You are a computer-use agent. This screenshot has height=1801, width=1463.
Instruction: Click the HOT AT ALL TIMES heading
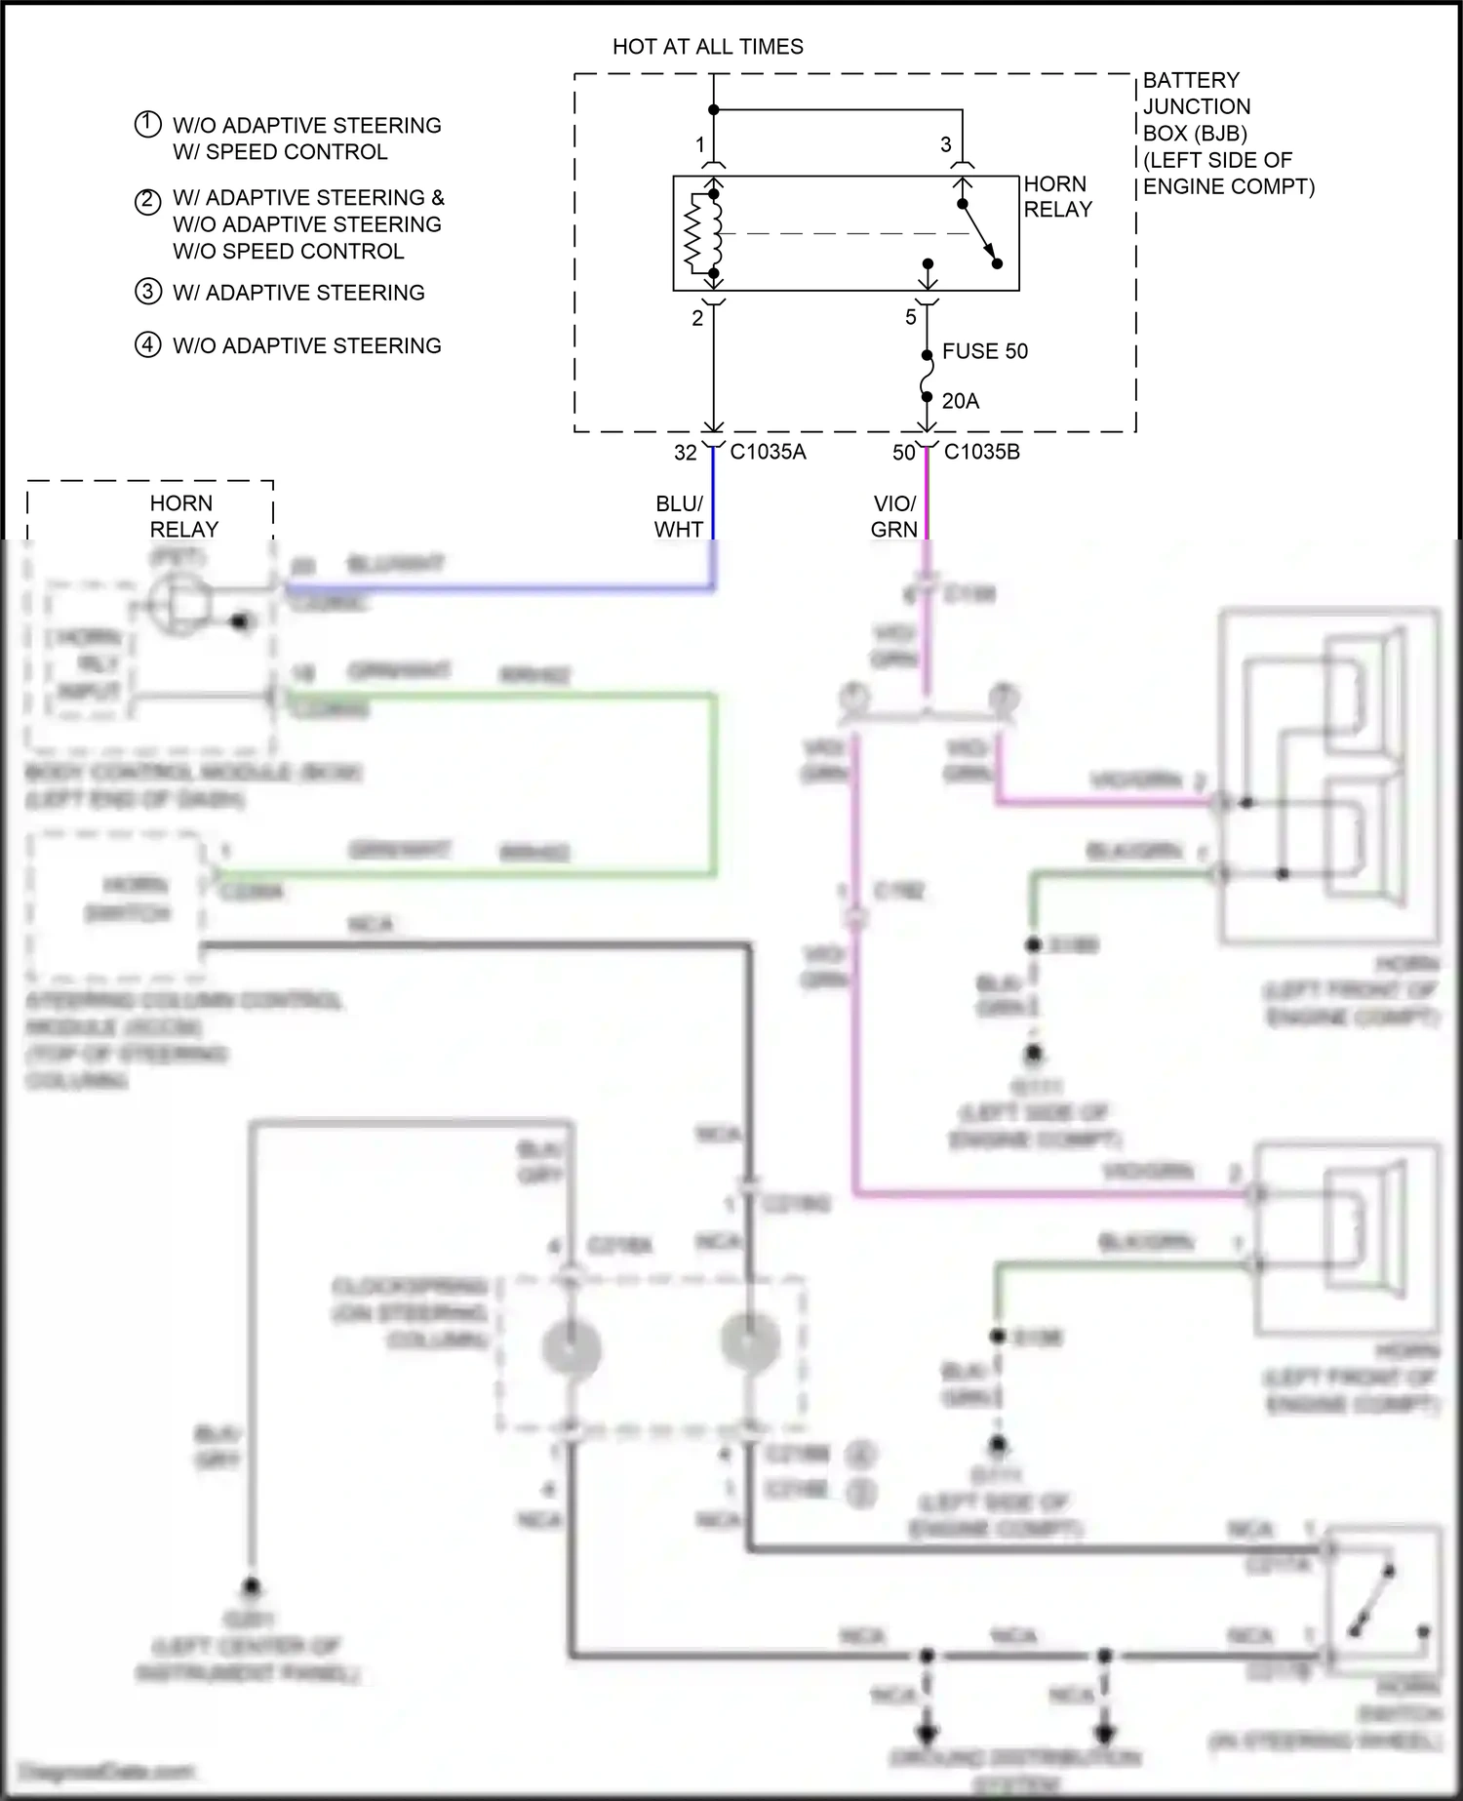[707, 47]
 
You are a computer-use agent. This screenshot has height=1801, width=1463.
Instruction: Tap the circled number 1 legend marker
[147, 125]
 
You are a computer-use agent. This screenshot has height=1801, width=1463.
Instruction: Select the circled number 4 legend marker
[147, 345]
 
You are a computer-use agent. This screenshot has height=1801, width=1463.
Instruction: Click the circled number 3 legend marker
[147, 292]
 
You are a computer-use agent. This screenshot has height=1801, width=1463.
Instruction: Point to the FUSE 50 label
[984, 351]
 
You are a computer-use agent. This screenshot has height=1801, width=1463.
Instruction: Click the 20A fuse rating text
[960, 401]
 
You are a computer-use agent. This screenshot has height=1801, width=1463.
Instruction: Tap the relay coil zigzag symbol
[694, 233]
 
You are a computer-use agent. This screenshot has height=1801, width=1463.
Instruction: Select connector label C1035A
[768, 453]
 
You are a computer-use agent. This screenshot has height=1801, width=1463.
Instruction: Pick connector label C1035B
[981, 453]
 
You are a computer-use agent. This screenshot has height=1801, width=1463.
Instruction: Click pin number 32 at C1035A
[686, 453]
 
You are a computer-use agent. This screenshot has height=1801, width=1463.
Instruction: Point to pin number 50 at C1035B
[904, 453]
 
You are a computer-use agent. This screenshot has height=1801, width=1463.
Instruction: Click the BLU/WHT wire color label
[679, 516]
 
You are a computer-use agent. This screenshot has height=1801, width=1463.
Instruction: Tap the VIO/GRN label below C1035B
[894, 516]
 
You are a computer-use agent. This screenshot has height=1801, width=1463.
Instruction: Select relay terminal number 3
[945, 145]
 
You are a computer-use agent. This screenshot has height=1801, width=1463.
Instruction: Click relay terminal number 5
[911, 317]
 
